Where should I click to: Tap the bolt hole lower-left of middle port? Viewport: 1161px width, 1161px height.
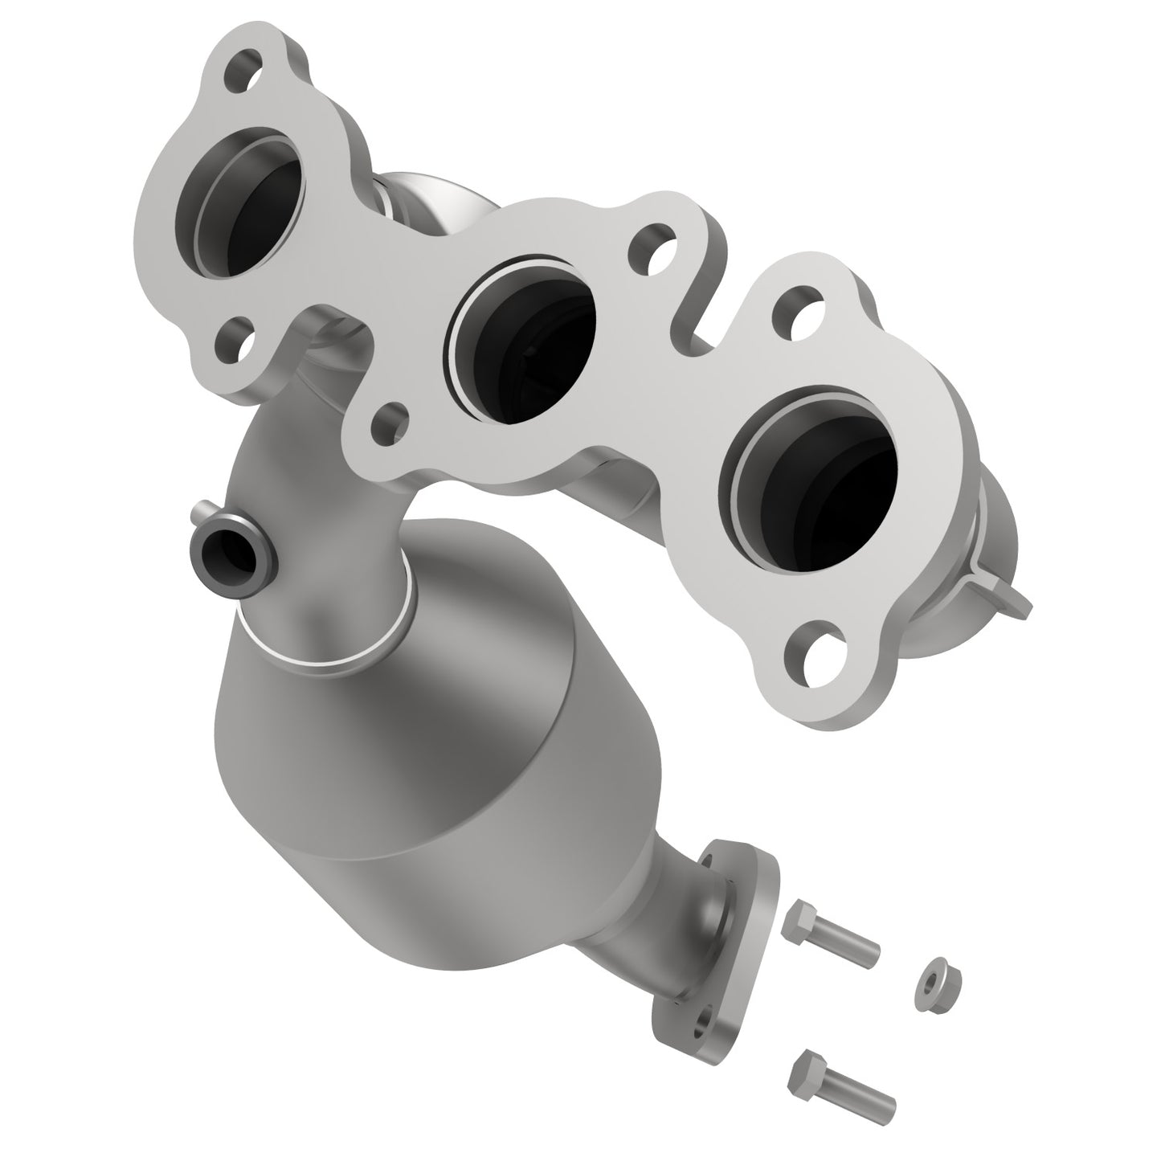click(x=390, y=420)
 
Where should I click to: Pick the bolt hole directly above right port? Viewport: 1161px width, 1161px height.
click(x=800, y=306)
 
